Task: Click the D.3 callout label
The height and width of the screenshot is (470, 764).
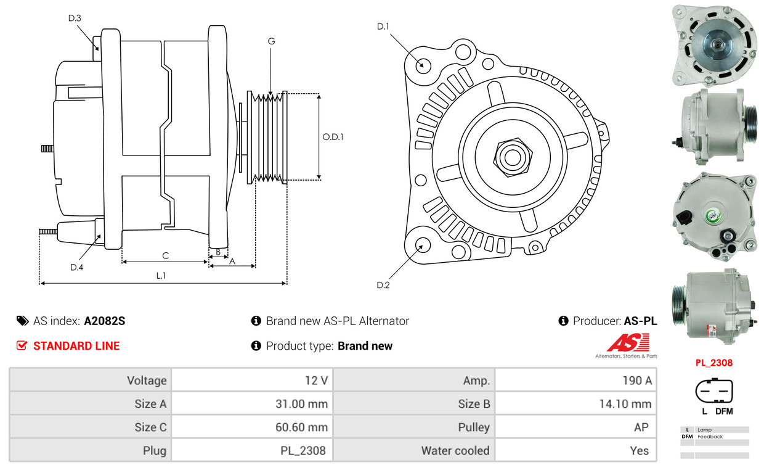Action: coord(75,18)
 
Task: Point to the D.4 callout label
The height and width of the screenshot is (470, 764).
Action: coord(77,267)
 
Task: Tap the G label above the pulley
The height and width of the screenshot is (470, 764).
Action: coord(271,41)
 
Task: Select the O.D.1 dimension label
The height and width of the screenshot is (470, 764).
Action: coord(333,137)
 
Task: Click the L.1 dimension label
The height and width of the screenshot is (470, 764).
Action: coord(161,276)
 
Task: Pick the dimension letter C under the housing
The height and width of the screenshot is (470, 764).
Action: coord(165,255)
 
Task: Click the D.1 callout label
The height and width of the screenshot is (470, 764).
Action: coord(383,27)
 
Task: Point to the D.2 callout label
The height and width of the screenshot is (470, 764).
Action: coord(383,285)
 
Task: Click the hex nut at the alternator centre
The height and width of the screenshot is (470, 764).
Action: coord(513,157)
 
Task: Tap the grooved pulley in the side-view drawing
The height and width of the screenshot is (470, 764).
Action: coord(267,137)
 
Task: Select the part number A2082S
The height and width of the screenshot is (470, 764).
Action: coord(105,321)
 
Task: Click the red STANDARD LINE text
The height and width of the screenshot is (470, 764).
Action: coord(76,346)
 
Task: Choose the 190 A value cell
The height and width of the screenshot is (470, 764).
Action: coord(575,380)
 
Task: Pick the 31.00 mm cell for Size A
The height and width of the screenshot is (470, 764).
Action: coord(252,403)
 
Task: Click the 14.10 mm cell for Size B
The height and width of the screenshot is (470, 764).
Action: coord(575,403)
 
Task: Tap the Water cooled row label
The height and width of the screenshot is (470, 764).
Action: coord(455,450)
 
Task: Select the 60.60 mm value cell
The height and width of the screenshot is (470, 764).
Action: coord(252,427)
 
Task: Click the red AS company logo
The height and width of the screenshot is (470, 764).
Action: coord(628,342)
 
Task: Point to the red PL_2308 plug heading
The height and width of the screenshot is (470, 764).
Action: coord(714,363)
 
